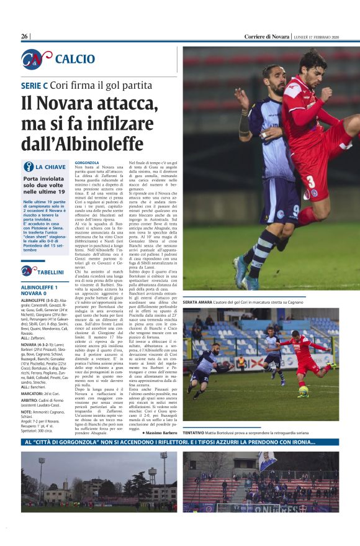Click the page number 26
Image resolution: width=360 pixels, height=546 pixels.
pyautogui.click(x=25, y=37)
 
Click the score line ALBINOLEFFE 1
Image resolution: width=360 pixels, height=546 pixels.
pyautogui.click(x=39, y=287)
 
